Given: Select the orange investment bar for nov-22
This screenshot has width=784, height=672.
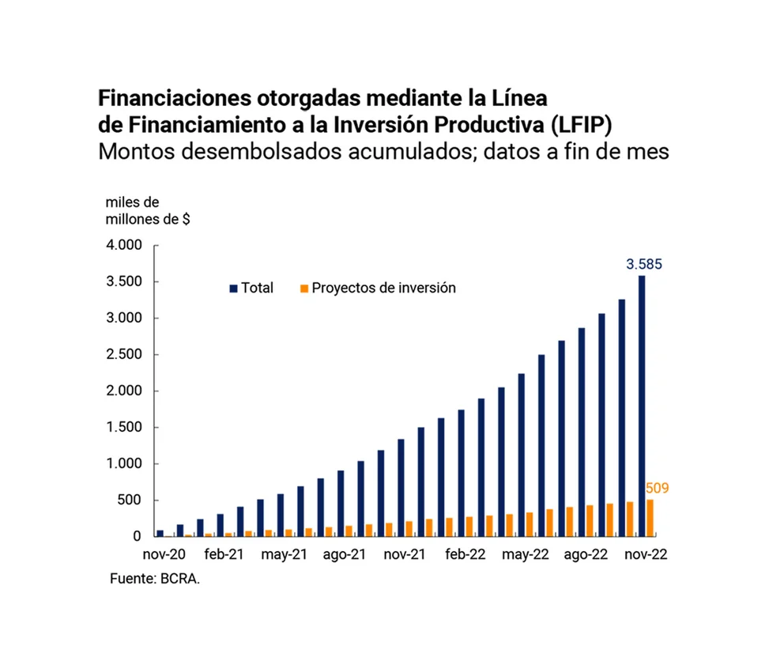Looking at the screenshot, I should coord(650,518).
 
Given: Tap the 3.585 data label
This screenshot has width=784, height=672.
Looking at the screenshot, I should coord(644,264).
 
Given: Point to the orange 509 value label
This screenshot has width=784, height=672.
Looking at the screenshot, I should coord(657,489).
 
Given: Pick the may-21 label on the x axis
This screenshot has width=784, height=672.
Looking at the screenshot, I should coord(284,555).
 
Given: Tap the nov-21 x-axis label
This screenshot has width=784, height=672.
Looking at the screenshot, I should coord(405,555).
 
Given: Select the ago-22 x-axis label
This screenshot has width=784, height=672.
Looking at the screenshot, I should coord(586,555).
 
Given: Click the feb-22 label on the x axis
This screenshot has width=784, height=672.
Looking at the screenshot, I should coord(465,555).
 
